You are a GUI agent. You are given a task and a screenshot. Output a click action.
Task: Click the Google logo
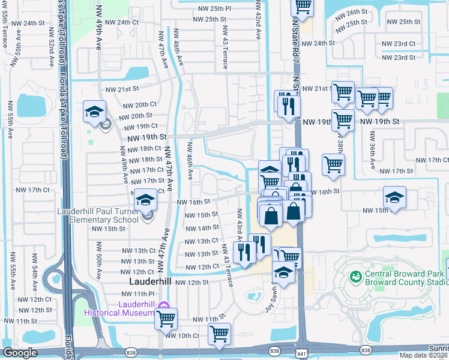point(20,353)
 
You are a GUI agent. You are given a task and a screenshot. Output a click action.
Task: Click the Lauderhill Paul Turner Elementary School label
point(98,215)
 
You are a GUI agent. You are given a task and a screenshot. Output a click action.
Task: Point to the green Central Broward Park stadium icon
point(355,278)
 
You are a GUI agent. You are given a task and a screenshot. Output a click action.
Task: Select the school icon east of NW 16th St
point(395,197)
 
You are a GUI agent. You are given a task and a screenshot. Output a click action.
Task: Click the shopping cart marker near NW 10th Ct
point(219,334)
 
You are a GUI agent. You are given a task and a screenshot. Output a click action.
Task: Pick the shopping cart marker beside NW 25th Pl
point(303,7)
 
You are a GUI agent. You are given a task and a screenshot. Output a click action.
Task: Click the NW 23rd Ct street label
point(399,44)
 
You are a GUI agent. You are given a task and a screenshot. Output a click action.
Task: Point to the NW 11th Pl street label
point(137,293)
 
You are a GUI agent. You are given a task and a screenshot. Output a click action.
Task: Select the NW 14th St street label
point(201,228)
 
